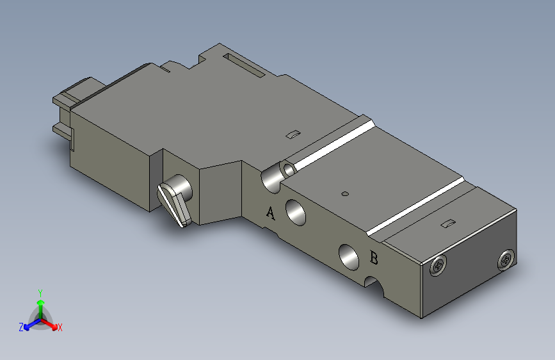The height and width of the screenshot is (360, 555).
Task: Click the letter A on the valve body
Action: point(270,213)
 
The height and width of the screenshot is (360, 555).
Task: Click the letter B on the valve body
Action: point(375,259)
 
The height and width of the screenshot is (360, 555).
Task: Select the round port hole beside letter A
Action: point(296,211)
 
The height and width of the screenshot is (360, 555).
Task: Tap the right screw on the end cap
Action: point(505,259)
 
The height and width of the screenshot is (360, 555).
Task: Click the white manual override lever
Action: point(174,203)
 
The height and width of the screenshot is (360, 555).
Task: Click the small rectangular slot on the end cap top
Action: point(449,224)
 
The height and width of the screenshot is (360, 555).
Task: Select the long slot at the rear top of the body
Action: point(243,65)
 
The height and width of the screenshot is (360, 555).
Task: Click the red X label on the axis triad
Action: point(60,328)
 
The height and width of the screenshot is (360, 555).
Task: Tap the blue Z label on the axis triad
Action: point(21,327)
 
